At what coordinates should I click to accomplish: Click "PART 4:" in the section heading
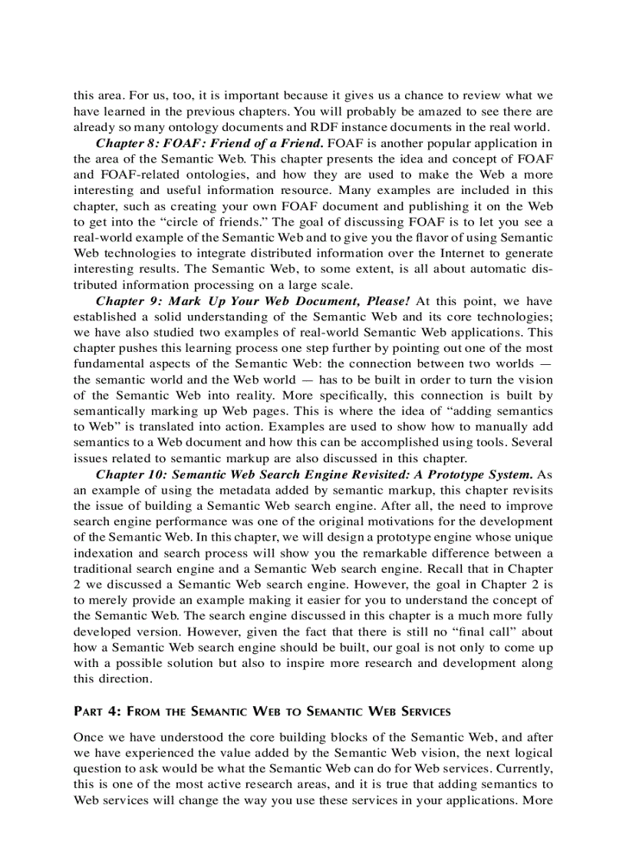[x=96, y=711]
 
